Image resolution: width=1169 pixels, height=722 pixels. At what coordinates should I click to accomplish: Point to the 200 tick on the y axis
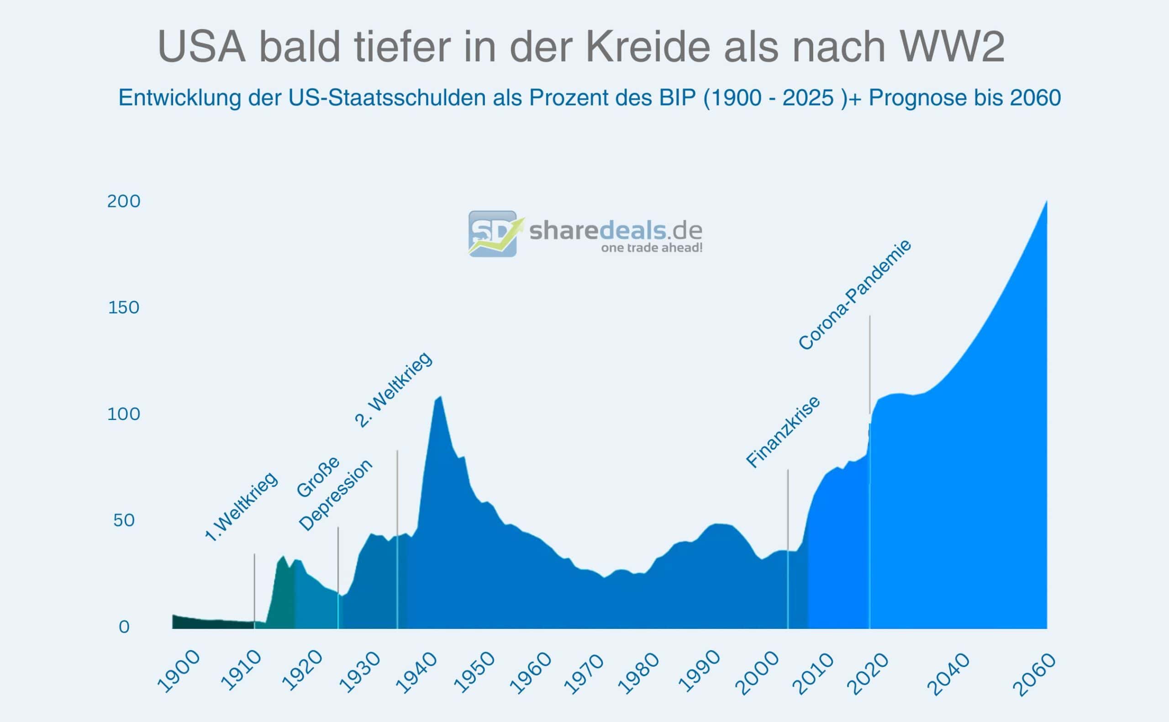(124, 202)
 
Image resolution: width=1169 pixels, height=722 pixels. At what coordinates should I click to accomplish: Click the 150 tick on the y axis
(124, 308)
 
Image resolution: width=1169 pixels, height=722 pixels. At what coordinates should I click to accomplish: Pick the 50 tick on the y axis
(124, 520)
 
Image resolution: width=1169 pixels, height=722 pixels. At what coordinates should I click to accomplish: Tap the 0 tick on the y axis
(124, 627)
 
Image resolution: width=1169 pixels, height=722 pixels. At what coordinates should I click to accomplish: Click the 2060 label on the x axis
(1033, 675)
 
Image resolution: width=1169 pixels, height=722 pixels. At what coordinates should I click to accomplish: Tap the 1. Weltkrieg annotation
(241, 507)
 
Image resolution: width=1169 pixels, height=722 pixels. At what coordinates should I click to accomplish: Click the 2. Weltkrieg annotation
(394, 390)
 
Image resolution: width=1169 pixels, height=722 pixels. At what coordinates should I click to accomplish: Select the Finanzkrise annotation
(783, 432)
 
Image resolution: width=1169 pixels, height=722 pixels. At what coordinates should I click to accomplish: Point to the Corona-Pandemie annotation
(854, 295)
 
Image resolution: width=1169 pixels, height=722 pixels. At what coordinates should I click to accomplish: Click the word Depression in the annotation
(335, 495)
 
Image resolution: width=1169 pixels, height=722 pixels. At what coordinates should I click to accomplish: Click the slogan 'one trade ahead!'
(651, 248)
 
